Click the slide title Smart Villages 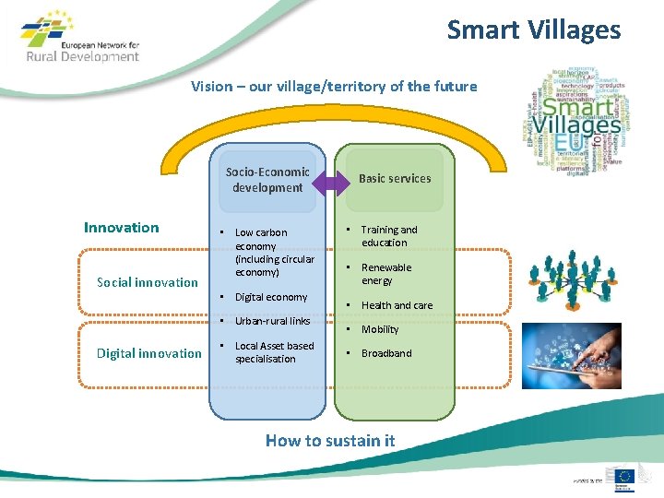coord(534,30)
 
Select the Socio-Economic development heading coord(267,179)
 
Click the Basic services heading coord(394,178)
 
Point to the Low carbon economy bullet coord(274,252)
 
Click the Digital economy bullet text coord(270,297)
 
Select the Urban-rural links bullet coord(272,321)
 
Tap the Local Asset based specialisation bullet coord(274,352)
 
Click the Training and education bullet coord(388,236)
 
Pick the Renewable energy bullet coord(386,274)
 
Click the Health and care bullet coord(397,305)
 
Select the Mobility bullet coord(380,329)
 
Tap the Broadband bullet coord(386,353)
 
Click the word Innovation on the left coord(121,228)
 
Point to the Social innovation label coord(148,282)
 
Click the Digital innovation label coord(148,353)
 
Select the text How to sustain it coord(330,441)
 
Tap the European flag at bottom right coord(625,476)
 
